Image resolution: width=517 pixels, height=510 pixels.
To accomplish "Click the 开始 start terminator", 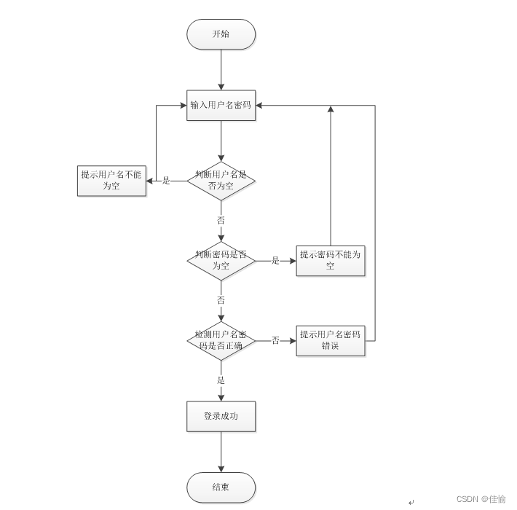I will pos(221,34).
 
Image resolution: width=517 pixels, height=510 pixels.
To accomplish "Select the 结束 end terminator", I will pos(221,487).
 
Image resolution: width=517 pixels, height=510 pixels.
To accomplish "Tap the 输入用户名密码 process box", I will pos(221,105).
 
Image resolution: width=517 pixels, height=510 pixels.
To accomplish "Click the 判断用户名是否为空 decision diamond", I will pos(221,181).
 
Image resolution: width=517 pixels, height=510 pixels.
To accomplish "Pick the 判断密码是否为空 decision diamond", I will pos(221,261).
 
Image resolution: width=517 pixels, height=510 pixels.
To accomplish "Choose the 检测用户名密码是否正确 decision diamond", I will pos(221,340).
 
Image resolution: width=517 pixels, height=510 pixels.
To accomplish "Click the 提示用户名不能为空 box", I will pos(111,181).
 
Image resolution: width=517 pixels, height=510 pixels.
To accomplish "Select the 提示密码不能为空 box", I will pos(331,261).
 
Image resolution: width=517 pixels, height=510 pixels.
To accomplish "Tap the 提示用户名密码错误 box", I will pos(331,340).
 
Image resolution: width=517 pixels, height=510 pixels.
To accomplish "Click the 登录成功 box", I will pos(221,416).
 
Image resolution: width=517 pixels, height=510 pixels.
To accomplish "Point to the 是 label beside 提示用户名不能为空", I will pos(166,181).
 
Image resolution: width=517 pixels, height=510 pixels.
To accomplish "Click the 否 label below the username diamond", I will pos(221,220).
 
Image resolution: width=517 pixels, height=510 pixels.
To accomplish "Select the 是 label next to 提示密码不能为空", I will pos(275,261).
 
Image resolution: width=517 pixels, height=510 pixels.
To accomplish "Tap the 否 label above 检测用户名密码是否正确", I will pos(221,300).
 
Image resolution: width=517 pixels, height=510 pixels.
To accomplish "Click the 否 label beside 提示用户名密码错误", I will pos(275,340).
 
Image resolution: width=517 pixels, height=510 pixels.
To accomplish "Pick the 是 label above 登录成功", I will pos(221,380).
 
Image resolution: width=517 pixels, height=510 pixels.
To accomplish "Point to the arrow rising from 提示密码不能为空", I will pos(331,175).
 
